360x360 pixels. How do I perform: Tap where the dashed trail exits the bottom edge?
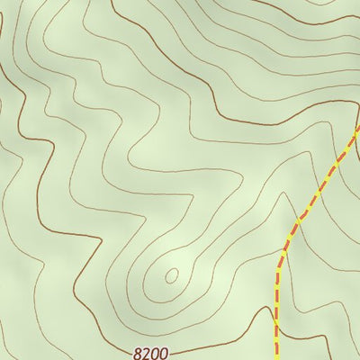coord(275,358)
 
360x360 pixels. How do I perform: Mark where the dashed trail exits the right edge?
coord(358,128)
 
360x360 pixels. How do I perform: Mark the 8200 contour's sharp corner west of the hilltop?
coord(72,270)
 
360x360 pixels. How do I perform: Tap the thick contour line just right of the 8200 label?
coord(193,342)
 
